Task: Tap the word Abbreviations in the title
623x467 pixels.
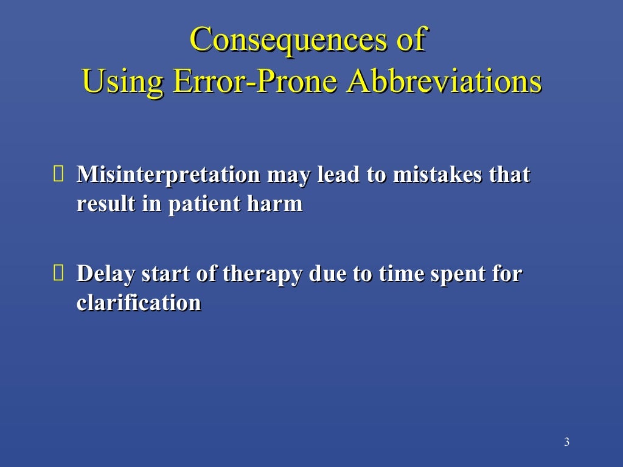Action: pos(444,81)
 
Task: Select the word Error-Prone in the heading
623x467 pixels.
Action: pos(254,81)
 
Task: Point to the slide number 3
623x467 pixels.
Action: pos(566,442)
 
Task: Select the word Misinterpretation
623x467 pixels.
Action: pos(168,175)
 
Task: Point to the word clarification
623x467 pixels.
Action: pos(139,303)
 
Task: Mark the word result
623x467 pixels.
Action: pos(105,204)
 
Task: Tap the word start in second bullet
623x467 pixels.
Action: pos(162,274)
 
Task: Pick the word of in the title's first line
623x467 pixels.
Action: pos(408,40)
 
